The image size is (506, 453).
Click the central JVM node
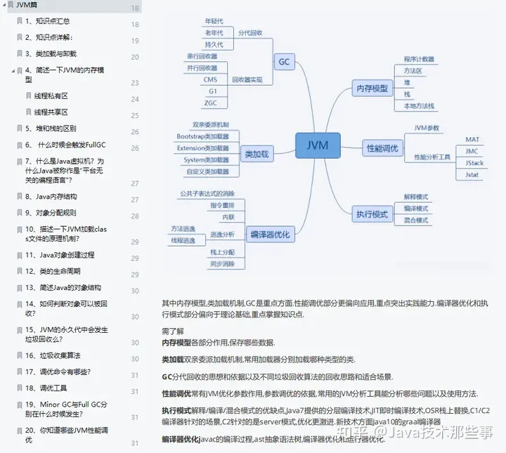tap(322, 146)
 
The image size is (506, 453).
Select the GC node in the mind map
tap(284, 62)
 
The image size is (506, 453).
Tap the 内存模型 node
tap(371, 88)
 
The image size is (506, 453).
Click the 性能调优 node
tap(382, 148)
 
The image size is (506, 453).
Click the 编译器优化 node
tap(270, 235)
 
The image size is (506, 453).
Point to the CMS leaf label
tap(210, 79)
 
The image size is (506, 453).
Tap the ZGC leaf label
tap(210, 103)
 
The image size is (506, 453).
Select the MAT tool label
tap(472, 140)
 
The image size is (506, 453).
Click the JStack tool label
tap(474, 163)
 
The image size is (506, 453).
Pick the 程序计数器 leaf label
tap(419, 60)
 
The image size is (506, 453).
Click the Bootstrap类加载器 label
tap(202, 136)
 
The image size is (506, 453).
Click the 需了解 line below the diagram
tap(172, 330)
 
